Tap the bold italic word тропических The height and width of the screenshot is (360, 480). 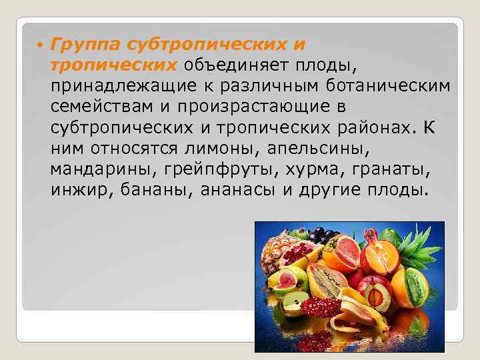click(112, 65)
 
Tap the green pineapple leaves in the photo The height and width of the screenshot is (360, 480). click(424, 243)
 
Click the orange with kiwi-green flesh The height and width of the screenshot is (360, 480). click(413, 287)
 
